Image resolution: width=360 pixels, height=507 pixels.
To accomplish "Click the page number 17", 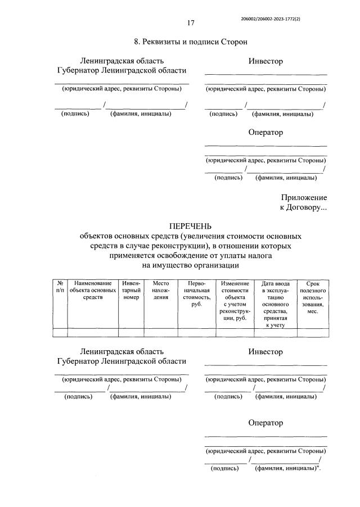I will click(191, 23).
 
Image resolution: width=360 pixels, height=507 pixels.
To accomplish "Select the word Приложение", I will click(304, 197).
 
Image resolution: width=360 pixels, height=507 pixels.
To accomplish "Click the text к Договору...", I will click(303, 207).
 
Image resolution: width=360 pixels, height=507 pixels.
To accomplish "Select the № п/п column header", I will click(60, 287).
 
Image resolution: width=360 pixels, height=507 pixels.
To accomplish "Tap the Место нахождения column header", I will click(161, 290).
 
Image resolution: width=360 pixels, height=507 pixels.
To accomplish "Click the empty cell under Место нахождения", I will click(161, 332).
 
